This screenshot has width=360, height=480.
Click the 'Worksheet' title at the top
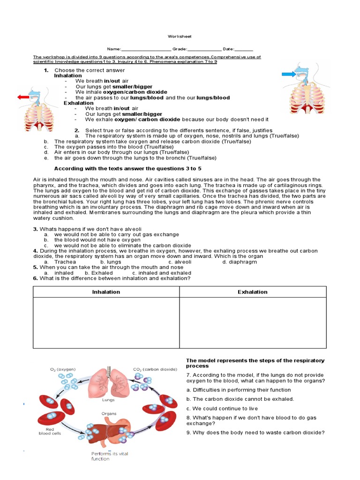pyautogui.click(x=180, y=37)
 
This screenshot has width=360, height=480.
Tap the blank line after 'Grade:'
pyautogui.click(x=204, y=49)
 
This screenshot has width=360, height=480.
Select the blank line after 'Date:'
pyautogui.click(x=244, y=49)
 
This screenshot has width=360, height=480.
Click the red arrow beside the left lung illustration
pyautogui.click(x=23, y=97)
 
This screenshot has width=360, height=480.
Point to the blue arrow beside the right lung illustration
pyautogui.click(x=289, y=74)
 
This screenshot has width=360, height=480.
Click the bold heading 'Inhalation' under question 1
pyautogui.click(x=68, y=75)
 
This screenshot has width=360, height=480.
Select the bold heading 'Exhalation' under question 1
pyautogui.click(x=78, y=103)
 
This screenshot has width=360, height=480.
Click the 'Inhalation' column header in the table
pyautogui.click(x=106, y=292)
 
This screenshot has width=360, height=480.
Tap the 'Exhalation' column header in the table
pyautogui.click(x=253, y=292)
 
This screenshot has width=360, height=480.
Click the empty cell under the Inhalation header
pyautogui.click(x=106, y=322)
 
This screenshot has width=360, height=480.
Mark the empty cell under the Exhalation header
pyautogui.click(x=253, y=322)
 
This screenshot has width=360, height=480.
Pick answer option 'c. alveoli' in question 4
pyautogui.click(x=180, y=262)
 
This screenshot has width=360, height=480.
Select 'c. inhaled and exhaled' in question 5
pyautogui.click(x=162, y=273)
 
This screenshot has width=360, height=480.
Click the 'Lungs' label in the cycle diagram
pyautogui.click(x=108, y=400)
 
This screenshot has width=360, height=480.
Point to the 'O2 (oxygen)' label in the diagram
pyautogui.click(x=63, y=369)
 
